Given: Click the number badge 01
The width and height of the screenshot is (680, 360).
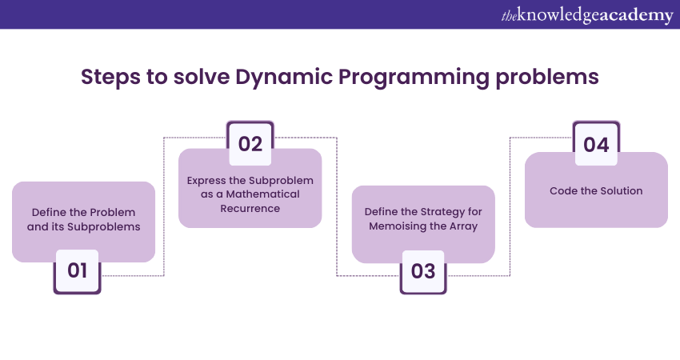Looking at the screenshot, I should [77, 270].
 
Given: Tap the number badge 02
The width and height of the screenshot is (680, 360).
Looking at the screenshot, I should [250, 144].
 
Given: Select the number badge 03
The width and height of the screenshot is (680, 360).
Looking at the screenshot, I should [423, 271].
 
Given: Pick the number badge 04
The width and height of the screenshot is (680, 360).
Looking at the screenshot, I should [596, 145].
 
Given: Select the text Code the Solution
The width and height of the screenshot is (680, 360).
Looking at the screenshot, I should [596, 191].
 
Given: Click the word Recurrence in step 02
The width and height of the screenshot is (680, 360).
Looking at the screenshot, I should [250, 208].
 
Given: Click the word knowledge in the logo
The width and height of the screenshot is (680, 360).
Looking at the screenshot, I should [556, 15].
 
